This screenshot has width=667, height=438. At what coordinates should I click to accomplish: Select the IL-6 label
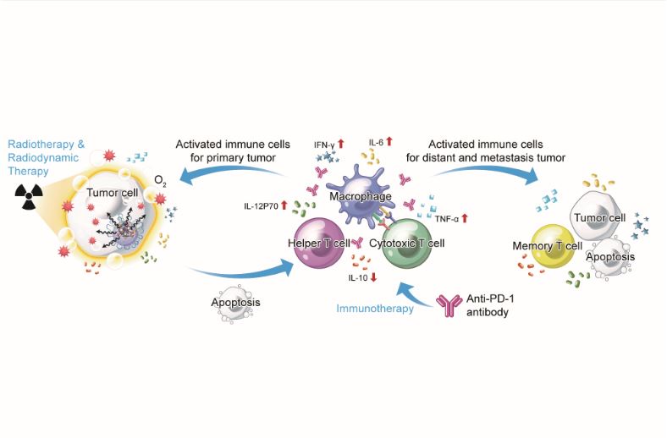(377, 141)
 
